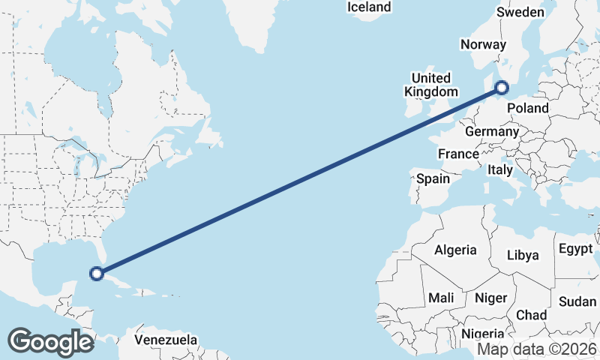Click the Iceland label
(369, 7)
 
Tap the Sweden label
(520, 12)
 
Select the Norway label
(484, 45)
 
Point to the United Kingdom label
(430, 85)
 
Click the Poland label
(528, 108)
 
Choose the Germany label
(492, 131)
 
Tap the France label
(458, 154)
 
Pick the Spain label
(433, 178)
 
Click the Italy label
(500, 170)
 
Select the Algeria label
(455, 250)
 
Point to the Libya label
(523, 255)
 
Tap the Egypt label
(575, 248)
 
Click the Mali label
(441, 298)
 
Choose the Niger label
(491, 298)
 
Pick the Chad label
(531, 315)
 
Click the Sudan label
(577, 301)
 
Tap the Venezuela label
(166, 340)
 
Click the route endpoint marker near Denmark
(501, 89)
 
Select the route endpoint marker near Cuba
(97, 273)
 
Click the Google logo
(50, 341)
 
